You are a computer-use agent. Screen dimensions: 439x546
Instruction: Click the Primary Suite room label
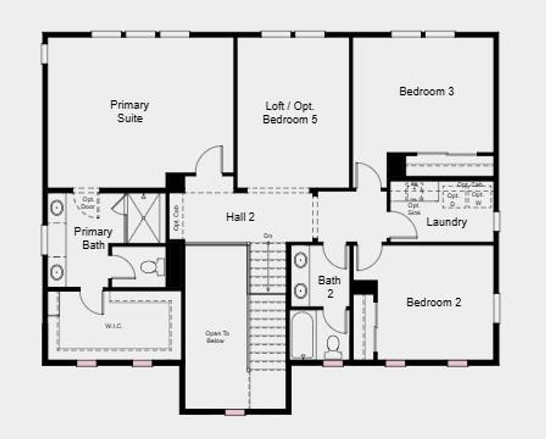pyautogui.click(x=130, y=111)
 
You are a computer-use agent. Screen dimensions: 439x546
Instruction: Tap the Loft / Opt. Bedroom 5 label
pyautogui.click(x=290, y=113)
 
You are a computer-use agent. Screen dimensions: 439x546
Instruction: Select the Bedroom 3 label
pyautogui.click(x=427, y=91)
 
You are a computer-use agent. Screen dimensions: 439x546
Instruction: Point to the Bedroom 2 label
pyautogui.click(x=433, y=302)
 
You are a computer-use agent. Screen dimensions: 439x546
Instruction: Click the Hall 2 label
pyautogui.click(x=240, y=217)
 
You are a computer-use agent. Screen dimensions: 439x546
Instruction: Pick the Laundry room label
pyautogui.click(x=446, y=222)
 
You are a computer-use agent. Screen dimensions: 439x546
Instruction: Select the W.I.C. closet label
pyautogui.click(x=113, y=326)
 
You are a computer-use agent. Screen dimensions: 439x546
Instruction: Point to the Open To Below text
pyautogui.click(x=217, y=337)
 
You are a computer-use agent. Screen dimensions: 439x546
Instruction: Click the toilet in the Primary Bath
pyautogui.click(x=152, y=267)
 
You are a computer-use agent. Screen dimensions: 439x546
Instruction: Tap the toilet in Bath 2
pyautogui.click(x=333, y=347)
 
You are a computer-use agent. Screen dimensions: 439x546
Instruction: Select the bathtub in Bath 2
pyautogui.click(x=302, y=335)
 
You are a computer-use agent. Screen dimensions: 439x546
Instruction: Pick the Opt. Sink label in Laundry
pyautogui.click(x=414, y=209)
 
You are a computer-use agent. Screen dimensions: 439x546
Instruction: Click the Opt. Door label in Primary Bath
pyautogui.click(x=88, y=203)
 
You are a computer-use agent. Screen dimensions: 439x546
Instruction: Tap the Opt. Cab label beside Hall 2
pyautogui.click(x=176, y=218)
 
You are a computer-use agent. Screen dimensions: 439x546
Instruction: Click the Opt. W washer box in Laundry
pyautogui.click(x=477, y=198)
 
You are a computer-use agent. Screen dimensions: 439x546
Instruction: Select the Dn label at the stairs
pyautogui.click(x=268, y=236)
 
